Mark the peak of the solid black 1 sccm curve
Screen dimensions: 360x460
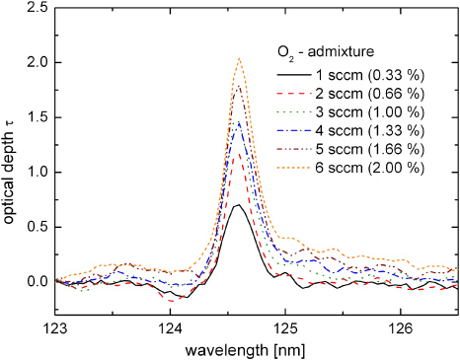[x=238, y=204]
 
